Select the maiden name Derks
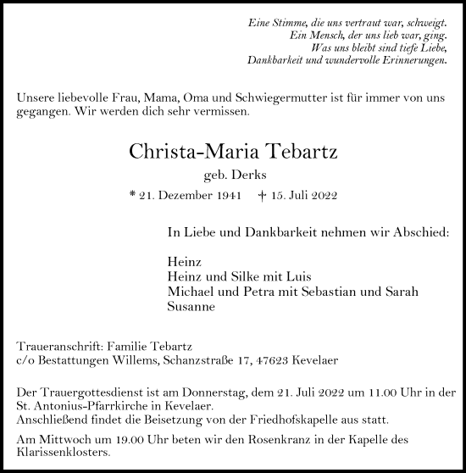pyautogui.click(x=247, y=176)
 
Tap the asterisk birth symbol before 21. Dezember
pyautogui.click(x=132, y=195)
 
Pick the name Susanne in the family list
pyautogui.click(x=191, y=309)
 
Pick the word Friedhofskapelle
pyautogui.click(x=281, y=420)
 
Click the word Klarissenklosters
pyautogui.click(x=64, y=453)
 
